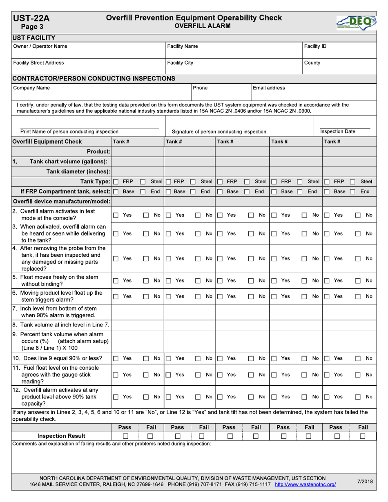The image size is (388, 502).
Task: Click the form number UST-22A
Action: point(31,18)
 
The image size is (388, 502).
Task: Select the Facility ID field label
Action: point(315,47)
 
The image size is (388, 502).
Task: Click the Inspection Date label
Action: point(343,131)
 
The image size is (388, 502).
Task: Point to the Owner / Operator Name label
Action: point(40,47)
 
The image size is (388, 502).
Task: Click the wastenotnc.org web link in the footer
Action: point(305,484)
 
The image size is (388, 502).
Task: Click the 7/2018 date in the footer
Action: point(365,482)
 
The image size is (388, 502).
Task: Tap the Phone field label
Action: point(200,88)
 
